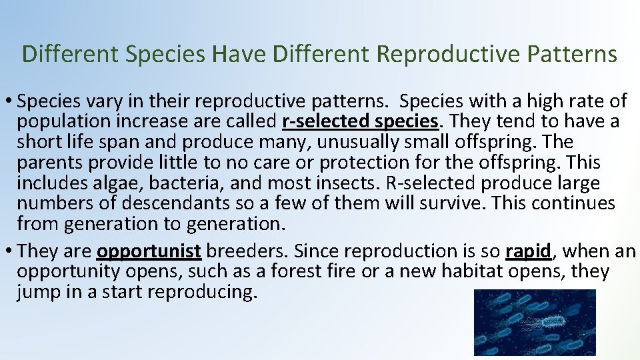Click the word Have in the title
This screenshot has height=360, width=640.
pyautogui.click(x=237, y=54)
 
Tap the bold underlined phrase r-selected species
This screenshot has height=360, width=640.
pyautogui.click(x=361, y=122)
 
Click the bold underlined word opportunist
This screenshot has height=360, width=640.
pyautogui.click(x=149, y=251)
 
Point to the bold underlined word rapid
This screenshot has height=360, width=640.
pyautogui.click(x=528, y=251)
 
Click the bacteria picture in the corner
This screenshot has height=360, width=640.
pyautogui.click(x=535, y=323)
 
